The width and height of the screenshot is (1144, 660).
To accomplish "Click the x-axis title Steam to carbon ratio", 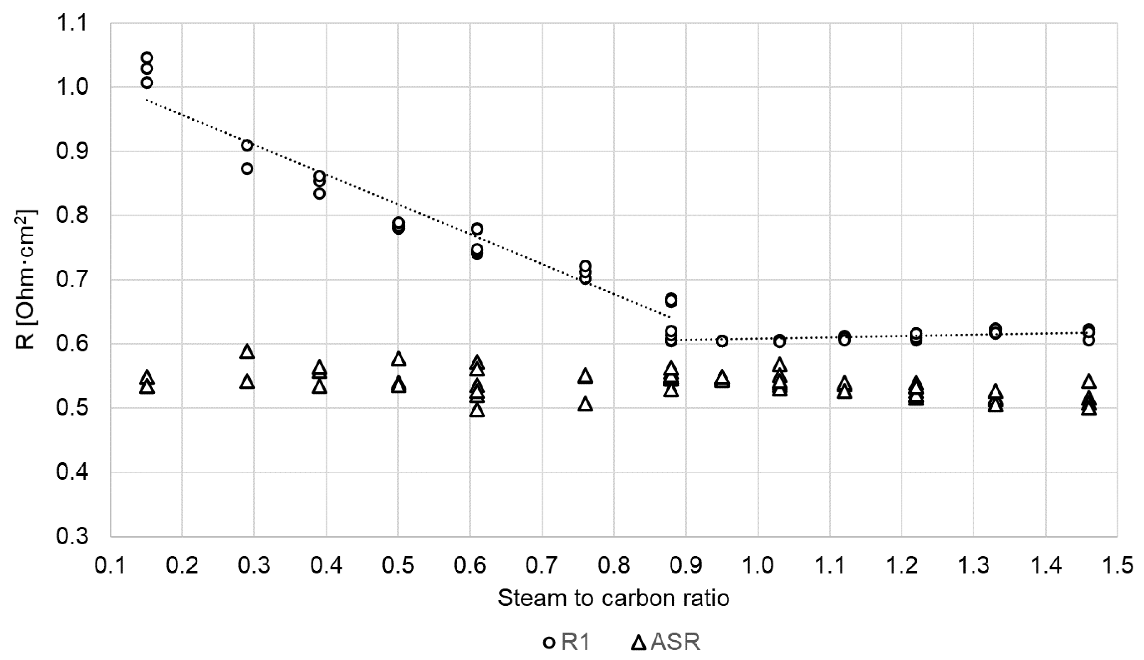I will click(x=613, y=598).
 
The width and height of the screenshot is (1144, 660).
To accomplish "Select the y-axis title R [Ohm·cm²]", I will click(x=26, y=280).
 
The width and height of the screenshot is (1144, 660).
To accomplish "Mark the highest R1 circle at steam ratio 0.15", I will click(x=147, y=58).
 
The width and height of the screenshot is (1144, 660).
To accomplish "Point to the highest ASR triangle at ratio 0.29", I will click(x=247, y=351).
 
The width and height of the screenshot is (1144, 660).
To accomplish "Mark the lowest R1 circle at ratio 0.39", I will click(x=319, y=193).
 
